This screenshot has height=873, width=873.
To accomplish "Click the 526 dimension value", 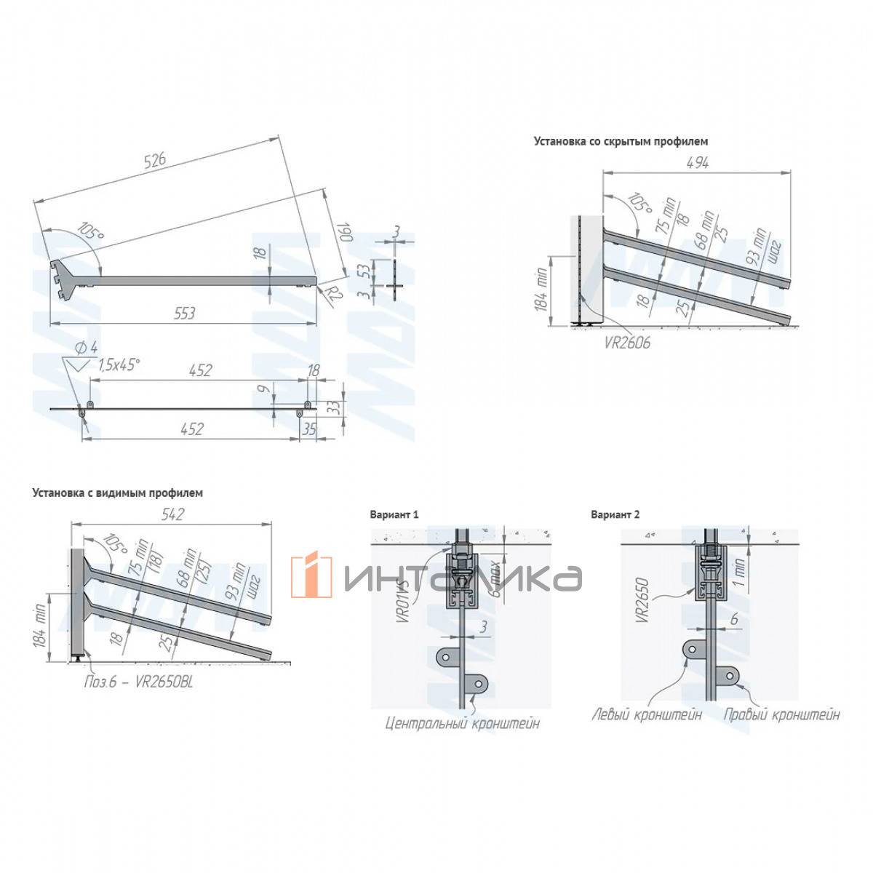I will (x=155, y=161).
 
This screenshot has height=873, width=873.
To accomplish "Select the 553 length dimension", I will (x=185, y=313).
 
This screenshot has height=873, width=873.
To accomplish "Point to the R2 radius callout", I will (x=334, y=295).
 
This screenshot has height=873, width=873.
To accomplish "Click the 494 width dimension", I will (x=697, y=163).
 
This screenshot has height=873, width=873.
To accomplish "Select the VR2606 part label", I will (x=627, y=342).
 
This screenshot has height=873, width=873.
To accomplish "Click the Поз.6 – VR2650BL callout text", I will (x=138, y=682).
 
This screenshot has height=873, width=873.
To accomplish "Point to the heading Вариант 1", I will (x=394, y=514).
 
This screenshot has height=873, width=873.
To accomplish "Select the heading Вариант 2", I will (x=615, y=514).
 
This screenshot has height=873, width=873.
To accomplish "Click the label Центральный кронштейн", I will (x=463, y=724).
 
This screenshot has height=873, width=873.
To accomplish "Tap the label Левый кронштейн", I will (x=647, y=715).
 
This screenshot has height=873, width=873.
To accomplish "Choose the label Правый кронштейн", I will (x=781, y=715).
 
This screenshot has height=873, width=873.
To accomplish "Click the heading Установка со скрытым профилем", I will (x=621, y=141).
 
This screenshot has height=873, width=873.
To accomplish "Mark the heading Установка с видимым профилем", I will (x=117, y=493).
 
